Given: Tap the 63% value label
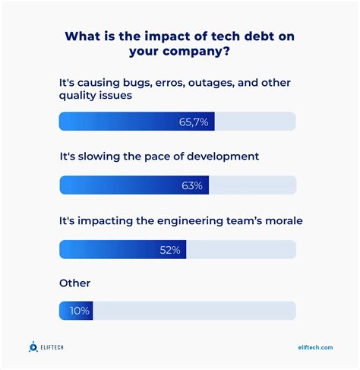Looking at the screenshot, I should point(192,185).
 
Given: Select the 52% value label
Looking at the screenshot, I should point(169,249).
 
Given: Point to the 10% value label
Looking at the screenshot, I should point(78,310).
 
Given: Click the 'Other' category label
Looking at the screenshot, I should point(74,283).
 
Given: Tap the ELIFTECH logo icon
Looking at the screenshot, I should point(33,347).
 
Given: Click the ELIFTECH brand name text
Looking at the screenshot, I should point(58,347).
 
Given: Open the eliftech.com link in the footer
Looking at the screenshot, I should point(315,347).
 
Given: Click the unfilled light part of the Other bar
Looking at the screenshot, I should point(194,310).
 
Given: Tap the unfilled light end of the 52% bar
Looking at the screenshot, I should point(241,249).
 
